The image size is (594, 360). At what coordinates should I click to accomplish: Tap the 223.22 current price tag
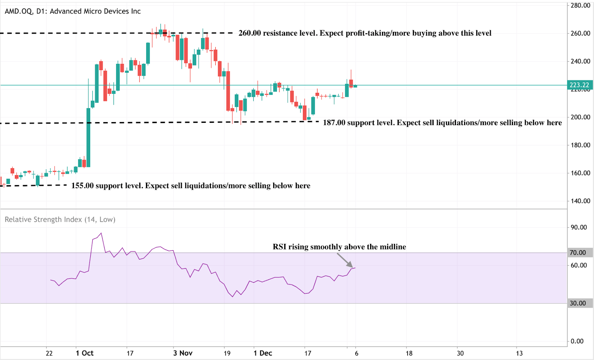tap(580, 85)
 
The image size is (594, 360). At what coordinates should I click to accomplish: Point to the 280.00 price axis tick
tap(580, 6)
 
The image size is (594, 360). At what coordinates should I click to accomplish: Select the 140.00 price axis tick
tap(580, 201)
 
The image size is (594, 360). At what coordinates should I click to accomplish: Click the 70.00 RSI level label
tap(578, 253)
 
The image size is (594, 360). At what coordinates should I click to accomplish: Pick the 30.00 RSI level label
tap(578, 303)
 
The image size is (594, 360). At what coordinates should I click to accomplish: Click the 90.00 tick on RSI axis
tap(578, 227)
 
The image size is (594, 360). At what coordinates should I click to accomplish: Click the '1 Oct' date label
tap(85, 353)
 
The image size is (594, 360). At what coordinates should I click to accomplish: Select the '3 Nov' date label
tap(183, 353)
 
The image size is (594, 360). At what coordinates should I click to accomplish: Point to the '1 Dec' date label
tap(263, 353)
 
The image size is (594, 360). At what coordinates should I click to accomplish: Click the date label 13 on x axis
tap(519, 353)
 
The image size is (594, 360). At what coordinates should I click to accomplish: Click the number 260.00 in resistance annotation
tap(249, 33)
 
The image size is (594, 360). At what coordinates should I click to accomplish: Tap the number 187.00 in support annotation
tap(334, 123)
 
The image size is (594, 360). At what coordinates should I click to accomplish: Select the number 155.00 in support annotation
tap(82, 186)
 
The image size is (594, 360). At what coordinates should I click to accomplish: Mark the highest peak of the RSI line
tap(101, 233)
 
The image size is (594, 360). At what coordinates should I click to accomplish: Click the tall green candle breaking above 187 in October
tap(88, 137)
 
